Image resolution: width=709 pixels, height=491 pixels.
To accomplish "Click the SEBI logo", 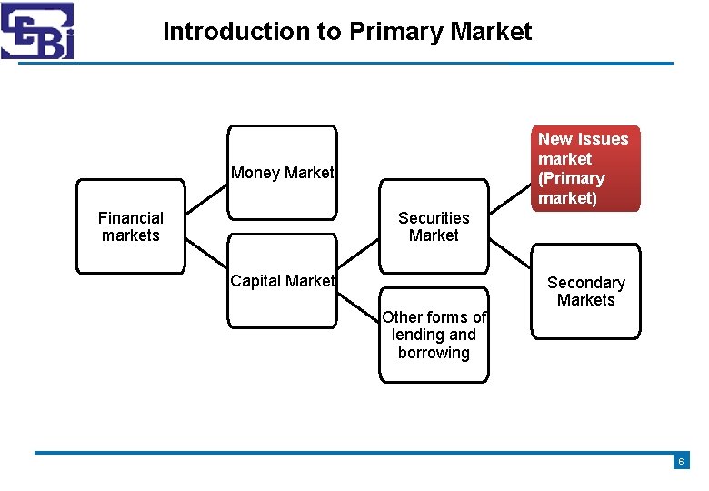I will click(37, 31).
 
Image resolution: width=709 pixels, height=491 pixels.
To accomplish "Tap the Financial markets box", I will click(130, 226).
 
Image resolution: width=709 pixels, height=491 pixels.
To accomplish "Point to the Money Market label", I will click(282, 173).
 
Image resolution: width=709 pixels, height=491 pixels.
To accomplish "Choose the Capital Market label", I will click(282, 281).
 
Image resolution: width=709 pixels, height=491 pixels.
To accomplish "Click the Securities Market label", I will click(434, 226).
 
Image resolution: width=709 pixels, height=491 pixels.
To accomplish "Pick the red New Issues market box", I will click(585, 168).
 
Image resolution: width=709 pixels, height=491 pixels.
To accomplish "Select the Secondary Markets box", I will click(585, 291).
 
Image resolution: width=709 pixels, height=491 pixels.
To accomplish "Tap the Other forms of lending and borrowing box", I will click(434, 335).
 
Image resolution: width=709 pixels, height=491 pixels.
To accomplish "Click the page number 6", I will click(681, 462).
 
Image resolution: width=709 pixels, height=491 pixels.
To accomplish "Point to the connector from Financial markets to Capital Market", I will click(206, 259).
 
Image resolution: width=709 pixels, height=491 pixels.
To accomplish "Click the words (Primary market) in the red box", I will click(572, 188).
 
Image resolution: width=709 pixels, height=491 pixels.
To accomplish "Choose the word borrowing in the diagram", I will click(434, 353).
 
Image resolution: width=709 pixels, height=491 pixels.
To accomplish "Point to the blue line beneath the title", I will click(345, 64).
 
